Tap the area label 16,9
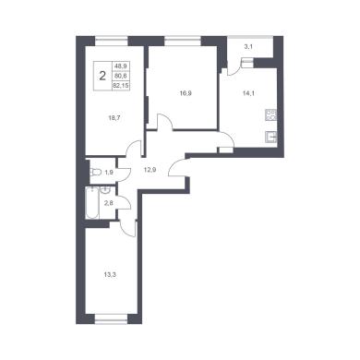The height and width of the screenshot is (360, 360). pos(186,93)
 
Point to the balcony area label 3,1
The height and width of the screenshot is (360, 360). pos(248,47)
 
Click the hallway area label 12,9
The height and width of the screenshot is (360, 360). pos(150,168)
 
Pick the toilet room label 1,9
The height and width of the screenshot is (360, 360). pos(109,173)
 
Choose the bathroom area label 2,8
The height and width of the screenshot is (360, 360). pos(109,203)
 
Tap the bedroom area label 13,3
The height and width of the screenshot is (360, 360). pos(110,274)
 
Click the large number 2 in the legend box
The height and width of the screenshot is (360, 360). pos(102,76)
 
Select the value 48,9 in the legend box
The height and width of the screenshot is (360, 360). pos(121,66)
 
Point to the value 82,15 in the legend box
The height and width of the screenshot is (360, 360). pos(121,86)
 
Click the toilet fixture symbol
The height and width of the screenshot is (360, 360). pos(94,172)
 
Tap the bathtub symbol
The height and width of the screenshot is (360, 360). pos(92,203)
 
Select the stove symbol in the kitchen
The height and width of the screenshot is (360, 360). pos(271,114)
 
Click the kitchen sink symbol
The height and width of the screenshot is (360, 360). pos(271,138)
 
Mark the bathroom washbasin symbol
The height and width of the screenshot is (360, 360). pos(104,190)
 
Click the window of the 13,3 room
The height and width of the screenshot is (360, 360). pos(111,318)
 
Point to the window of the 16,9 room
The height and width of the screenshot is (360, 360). pos(183,41)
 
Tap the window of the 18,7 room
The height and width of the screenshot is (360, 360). pos(111,41)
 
